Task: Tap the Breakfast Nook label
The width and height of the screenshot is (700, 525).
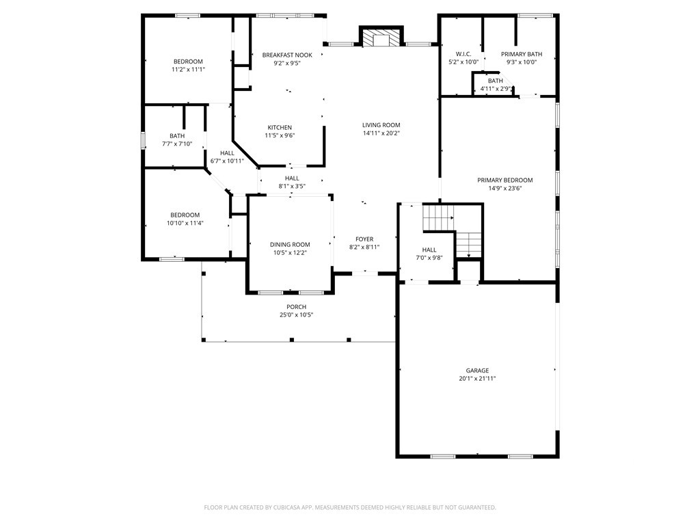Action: tap(287, 55)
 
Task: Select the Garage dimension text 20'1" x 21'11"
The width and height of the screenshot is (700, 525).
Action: tap(477, 379)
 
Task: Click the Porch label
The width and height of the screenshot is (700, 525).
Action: tap(297, 307)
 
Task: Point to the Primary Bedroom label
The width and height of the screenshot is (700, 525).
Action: tap(505, 180)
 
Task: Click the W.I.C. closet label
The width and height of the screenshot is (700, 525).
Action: tap(463, 54)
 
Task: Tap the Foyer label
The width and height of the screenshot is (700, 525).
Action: tap(364, 239)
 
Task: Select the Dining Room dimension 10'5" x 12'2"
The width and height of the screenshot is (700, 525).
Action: tap(290, 253)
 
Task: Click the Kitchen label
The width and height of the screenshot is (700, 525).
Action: tap(280, 127)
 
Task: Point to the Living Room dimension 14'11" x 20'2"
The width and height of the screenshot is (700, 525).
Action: tap(381, 133)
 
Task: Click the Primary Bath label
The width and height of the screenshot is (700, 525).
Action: tap(522, 54)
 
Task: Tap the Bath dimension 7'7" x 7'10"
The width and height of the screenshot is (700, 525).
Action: tap(177, 144)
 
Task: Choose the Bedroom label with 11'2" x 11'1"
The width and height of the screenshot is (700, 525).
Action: tap(188, 61)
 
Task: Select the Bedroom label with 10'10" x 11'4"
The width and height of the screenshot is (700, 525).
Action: tap(185, 215)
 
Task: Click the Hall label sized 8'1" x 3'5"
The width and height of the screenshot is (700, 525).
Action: tap(292, 178)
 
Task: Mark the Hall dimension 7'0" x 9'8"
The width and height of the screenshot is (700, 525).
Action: tap(429, 258)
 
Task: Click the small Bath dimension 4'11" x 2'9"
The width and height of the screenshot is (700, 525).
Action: tap(495, 89)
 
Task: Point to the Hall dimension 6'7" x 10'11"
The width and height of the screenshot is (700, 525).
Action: tap(227, 161)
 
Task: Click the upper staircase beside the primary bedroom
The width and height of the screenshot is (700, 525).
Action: tap(438, 217)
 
